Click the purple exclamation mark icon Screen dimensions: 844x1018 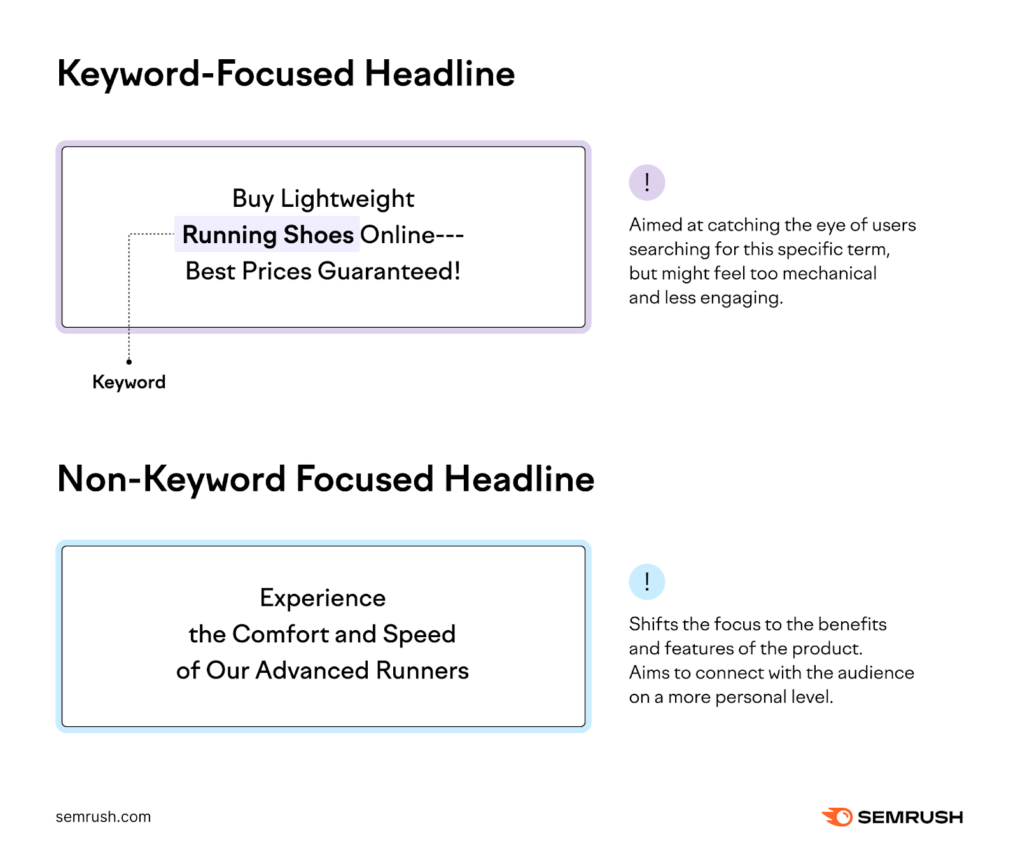[x=646, y=183]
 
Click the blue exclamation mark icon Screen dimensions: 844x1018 [x=646, y=582]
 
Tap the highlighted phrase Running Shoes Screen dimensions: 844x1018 [x=267, y=235]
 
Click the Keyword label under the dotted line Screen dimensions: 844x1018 [x=129, y=382]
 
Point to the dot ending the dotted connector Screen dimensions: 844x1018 [x=129, y=362]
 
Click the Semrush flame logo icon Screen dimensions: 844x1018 [x=837, y=817]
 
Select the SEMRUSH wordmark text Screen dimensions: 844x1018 [x=910, y=817]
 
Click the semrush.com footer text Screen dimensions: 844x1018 [x=103, y=817]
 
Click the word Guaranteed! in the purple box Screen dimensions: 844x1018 [x=389, y=271]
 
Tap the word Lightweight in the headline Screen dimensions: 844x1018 [x=347, y=199]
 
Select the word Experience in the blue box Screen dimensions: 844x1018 [x=323, y=598]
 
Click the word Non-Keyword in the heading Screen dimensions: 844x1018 [x=171, y=479]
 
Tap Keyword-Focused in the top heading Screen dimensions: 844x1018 [x=206, y=74]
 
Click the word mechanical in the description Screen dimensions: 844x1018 [x=829, y=274]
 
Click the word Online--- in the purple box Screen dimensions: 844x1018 [x=412, y=235]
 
